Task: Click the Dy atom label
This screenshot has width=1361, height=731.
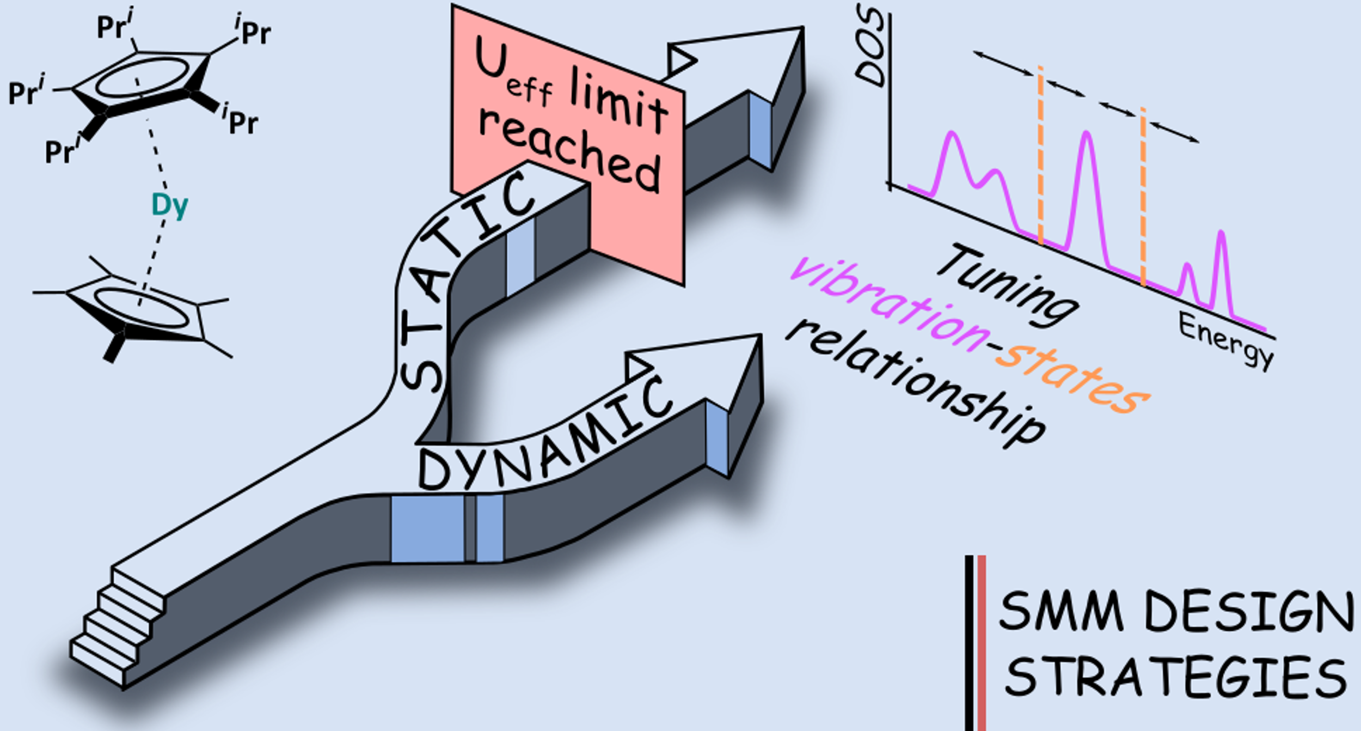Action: (169, 206)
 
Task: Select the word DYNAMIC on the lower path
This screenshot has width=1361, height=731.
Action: (544, 436)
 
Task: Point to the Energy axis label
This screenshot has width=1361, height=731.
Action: (1225, 340)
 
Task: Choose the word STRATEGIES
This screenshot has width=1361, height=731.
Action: (1176, 677)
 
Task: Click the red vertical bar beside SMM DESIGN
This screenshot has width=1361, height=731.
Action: (982, 643)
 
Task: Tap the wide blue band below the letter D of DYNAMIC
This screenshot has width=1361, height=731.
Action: (427, 528)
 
